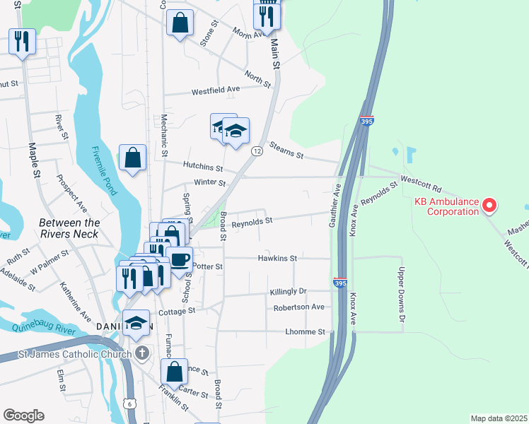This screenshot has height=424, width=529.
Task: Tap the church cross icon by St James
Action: point(141,353)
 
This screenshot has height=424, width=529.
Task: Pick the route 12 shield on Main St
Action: point(257,152)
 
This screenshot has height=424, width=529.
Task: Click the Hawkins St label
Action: point(277,259)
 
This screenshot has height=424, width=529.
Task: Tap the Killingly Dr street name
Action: point(288,291)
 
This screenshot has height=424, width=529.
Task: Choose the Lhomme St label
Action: point(306,331)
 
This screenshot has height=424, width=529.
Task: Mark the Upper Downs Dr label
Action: point(400,290)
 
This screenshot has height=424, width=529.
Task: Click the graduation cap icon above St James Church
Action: point(136,323)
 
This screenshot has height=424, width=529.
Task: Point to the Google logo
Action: point(23,416)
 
